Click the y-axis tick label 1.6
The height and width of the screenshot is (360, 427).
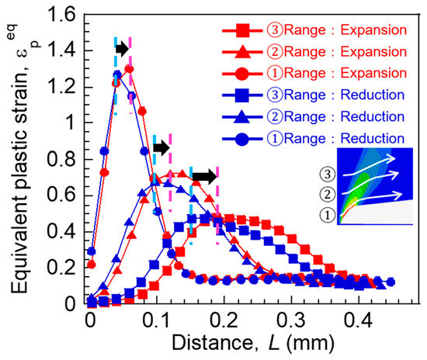(x=61, y=15)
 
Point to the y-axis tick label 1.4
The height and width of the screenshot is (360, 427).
(x=61, y=50)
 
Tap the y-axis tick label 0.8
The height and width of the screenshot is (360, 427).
(x=61, y=159)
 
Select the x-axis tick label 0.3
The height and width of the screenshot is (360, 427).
(x=290, y=320)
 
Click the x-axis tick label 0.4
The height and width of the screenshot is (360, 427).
(x=358, y=320)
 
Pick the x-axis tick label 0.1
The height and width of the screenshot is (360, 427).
(x=156, y=320)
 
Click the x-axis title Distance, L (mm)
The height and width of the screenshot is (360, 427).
(x=253, y=343)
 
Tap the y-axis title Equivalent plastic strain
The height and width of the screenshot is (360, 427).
(x=19, y=174)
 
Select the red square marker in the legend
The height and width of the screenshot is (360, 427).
(x=242, y=30)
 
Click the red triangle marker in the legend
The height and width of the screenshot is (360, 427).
(x=242, y=51)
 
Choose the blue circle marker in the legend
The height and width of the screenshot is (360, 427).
(x=241, y=139)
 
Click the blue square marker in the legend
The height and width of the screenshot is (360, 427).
(x=242, y=95)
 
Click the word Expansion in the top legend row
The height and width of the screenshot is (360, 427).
(x=373, y=30)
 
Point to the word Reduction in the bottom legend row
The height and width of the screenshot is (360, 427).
(x=373, y=139)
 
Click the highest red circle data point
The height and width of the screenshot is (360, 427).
(x=129, y=69)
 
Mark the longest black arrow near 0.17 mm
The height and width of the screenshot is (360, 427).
(x=205, y=177)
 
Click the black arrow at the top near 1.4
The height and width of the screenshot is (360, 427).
(x=123, y=49)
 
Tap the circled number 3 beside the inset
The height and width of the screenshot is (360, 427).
(x=328, y=174)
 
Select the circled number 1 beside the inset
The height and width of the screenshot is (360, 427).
(x=328, y=215)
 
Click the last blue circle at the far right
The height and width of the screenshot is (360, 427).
(x=391, y=282)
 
